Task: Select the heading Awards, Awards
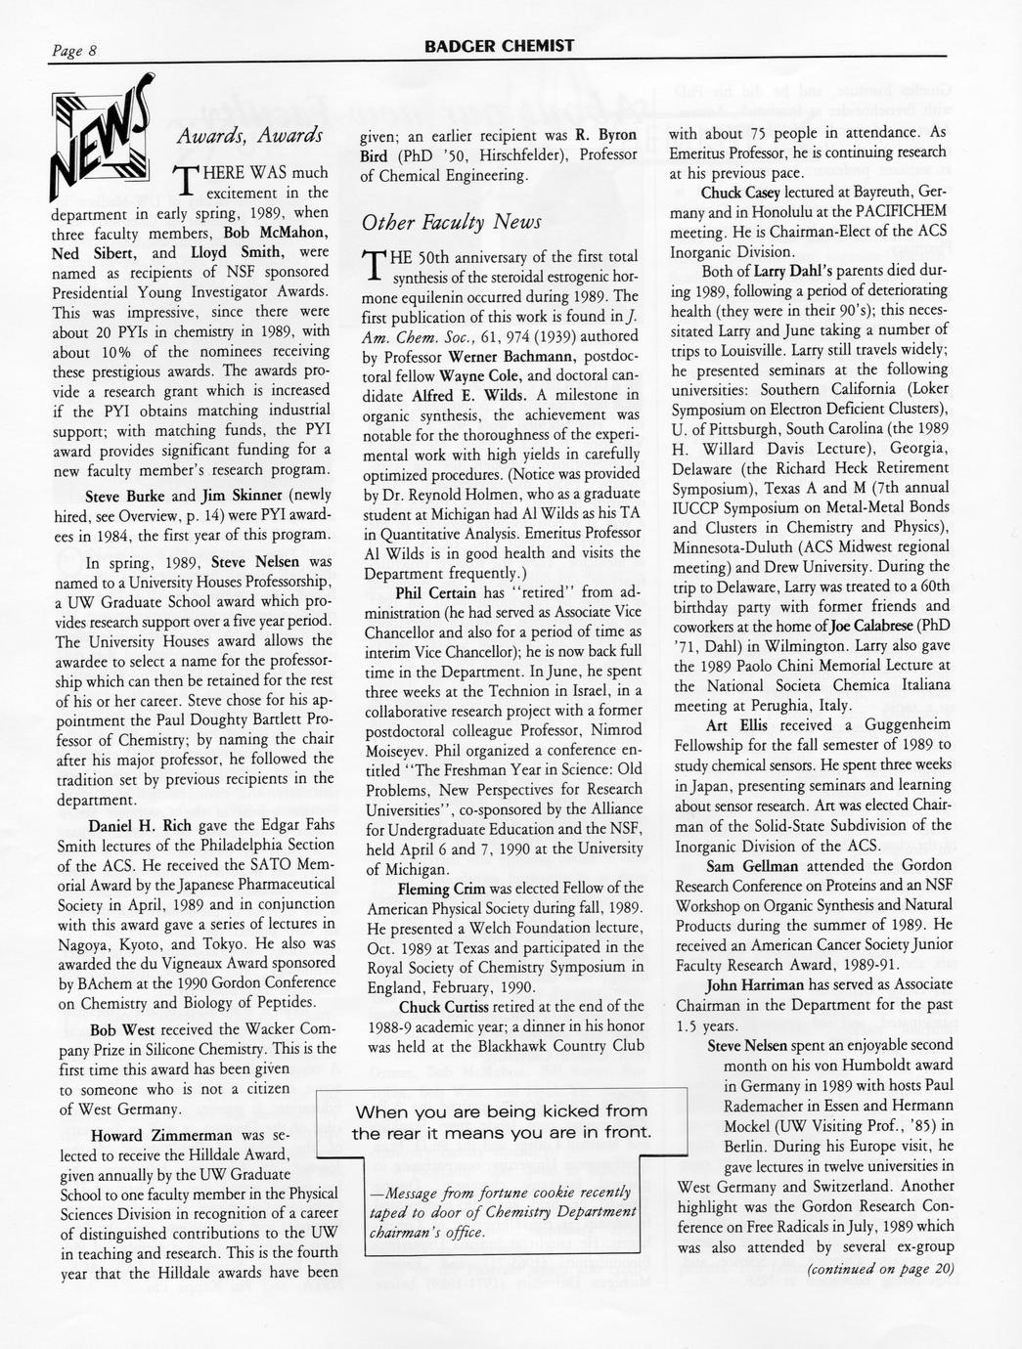(x=249, y=136)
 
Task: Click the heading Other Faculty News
(x=452, y=222)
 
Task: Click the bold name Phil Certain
(x=436, y=592)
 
